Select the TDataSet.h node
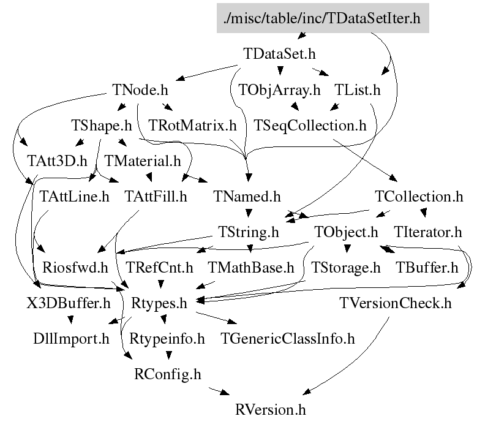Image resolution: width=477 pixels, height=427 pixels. [x=279, y=54]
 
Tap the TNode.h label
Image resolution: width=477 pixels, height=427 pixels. [x=140, y=89]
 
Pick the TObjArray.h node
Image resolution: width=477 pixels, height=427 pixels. [x=280, y=89]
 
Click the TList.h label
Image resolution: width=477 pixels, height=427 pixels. [x=358, y=89]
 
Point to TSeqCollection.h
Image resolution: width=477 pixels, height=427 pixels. [x=310, y=126]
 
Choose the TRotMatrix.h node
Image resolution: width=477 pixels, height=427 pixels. [x=192, y=126]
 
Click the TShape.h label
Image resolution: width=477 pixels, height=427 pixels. [x=102, y=126]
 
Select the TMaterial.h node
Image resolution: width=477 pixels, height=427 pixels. [x=143, y=161]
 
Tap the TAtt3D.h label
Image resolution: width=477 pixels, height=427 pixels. [x=58, y=161]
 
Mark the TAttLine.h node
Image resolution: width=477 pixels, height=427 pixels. [x=74, y=197]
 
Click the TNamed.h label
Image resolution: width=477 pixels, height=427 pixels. [x=247, y=197]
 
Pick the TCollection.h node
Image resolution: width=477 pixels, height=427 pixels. [x=419, y=197]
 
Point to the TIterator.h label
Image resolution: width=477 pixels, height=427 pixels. [x=428, y=232]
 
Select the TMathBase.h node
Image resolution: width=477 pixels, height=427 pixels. [x=251, y=268]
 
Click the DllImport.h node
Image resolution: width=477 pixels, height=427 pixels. [x=72, y=338]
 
